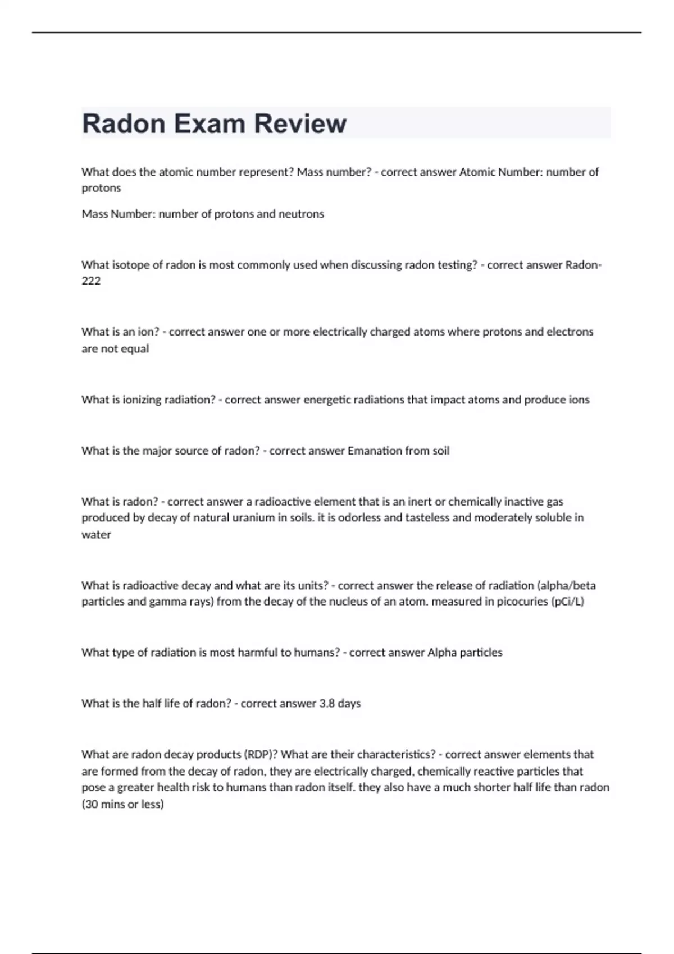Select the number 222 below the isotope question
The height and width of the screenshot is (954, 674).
pyautogui.click(x=91, y=281)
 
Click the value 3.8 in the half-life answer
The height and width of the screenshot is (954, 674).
pyautogui.click(x=327, y=703)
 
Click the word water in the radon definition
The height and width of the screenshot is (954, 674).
pyautogui.click(x=96, y=534)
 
